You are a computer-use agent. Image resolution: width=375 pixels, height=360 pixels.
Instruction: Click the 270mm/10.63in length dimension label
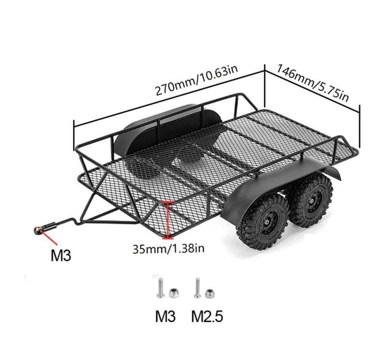(x=196, y=80)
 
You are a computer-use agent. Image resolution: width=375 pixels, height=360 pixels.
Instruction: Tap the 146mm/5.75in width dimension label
(x=312, y=83)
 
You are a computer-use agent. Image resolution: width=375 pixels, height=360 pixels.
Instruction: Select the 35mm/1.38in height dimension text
(x=168, y=249)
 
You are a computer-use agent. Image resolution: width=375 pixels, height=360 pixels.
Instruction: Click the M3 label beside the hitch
(x=61, y=255)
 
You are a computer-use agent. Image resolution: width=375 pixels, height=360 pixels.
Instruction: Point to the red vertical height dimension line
(x=168, y=220)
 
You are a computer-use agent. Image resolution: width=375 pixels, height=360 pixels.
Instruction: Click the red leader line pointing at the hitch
(x=49, y=238)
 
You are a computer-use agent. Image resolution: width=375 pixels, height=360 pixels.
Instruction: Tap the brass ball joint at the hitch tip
(x=38, y=230)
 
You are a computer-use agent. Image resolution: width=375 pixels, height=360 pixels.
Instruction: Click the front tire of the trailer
(x=262, y=221)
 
